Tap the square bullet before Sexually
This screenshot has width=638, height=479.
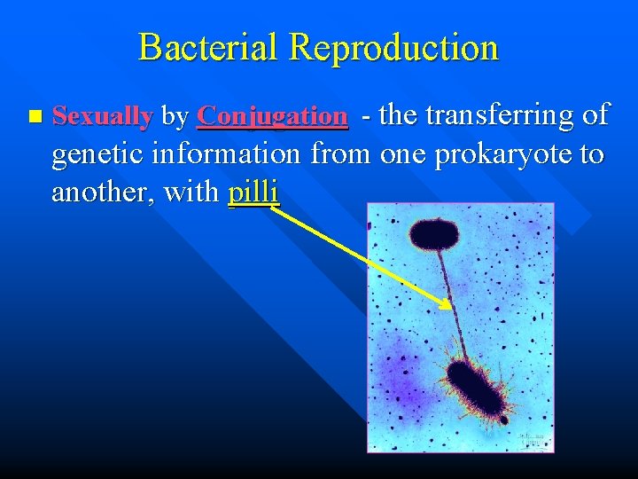pos(35,116)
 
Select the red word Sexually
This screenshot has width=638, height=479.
pos(103,115)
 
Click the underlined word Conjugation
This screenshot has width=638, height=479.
pos(272,115)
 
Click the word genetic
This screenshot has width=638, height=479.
pos(98,154)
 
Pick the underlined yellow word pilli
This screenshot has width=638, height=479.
pos(253,192)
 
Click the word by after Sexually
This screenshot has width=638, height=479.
pos(175,115)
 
